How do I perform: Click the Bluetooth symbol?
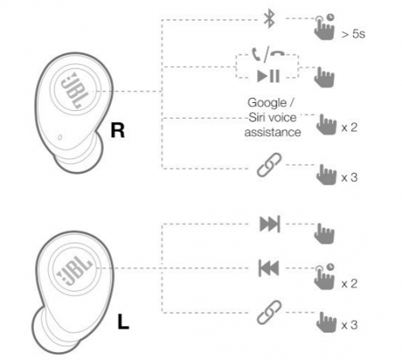(x=269, y=18)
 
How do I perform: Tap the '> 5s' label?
(x=353, y=34)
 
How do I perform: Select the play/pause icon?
(x=269, y=76)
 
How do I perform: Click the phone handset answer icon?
(x=256, y=55)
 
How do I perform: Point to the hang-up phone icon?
(x=277, y=53)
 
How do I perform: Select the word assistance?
(x=273, y=133)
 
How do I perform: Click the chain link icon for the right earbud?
(x=269, y=165)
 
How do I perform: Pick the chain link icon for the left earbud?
(x=269, y=313)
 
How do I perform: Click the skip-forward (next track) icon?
(x=270, y=223)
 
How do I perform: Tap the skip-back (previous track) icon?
(x=269, y=268)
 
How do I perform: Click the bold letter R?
(x=117, y=130)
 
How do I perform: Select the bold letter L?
(x=123, y=321)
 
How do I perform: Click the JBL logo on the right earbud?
(x=72, y=90)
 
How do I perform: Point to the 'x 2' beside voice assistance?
(x=350, y=128)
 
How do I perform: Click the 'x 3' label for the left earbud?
(x=350, y=325)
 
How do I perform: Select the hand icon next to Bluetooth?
(x=324, y=27)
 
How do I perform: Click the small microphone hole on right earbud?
(x=59, y=137)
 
